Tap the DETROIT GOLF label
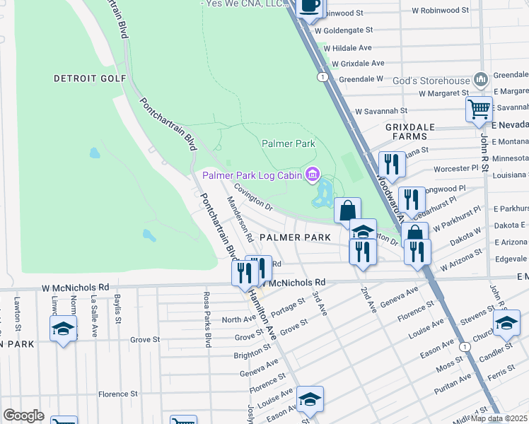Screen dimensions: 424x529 click(x=90, y=78)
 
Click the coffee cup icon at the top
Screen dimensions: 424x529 click(x=310, y=6)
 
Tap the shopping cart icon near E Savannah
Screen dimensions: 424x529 click(x=479, y=110)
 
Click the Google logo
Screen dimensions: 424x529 click(x=23, y=416)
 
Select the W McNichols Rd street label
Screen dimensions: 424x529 click(x=75, y=288)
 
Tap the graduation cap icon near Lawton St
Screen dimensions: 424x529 click(x=63, y=328)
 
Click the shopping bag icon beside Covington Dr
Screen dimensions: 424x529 click(x=348, y=210)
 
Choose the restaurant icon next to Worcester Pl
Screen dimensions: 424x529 click(x=391, y=164)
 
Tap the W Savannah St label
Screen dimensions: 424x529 click(x=381, y=111)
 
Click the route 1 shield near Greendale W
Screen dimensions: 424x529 click(x=322, y=76)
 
